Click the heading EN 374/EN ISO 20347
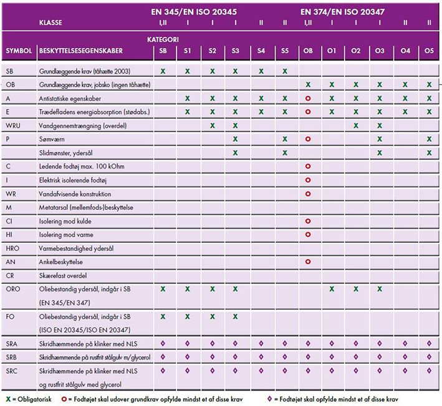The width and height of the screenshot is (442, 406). [342, 11]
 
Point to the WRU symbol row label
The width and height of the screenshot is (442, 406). [13, 125]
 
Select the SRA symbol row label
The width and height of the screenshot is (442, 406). [12, 344]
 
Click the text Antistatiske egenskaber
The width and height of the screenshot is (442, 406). [69, 98]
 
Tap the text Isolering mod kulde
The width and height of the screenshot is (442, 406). [64, 221]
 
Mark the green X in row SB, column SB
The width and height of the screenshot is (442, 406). [163, 71]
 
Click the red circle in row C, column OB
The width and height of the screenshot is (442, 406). [308, 167]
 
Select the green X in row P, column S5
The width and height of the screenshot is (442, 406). [284, 139]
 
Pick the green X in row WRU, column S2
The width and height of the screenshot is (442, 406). [213, 125]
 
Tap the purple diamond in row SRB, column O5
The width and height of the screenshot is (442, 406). [429, 357]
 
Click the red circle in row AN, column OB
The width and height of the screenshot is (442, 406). [308, 262]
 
